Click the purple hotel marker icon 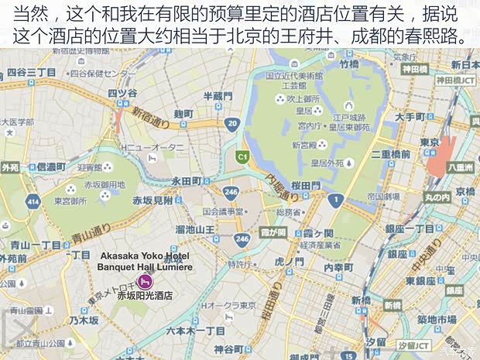143,280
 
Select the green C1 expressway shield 242,156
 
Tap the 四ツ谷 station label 122,94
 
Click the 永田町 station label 186,180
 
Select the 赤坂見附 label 153,200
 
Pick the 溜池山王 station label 194,228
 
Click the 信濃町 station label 51,166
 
